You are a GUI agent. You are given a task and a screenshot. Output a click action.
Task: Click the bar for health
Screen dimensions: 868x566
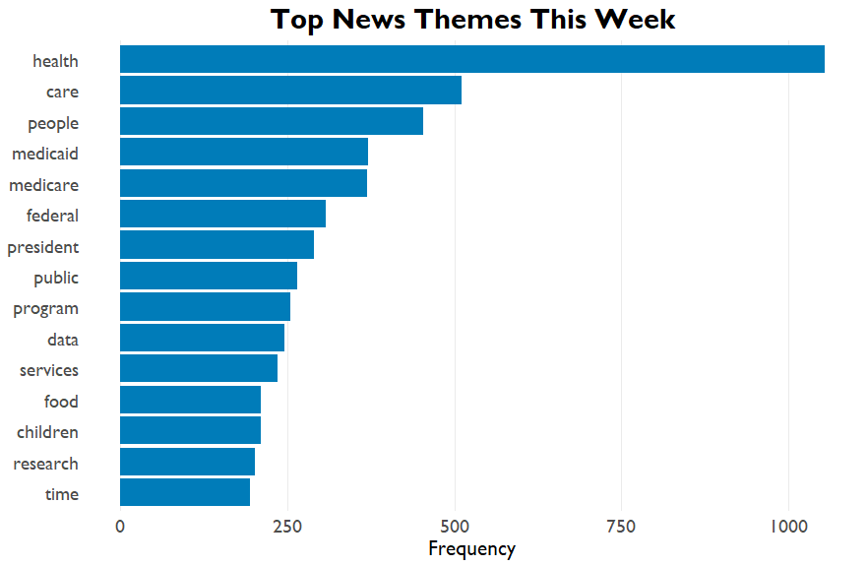coord(472,59)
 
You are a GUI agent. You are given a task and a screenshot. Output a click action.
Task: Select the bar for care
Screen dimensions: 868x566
coord(290,91)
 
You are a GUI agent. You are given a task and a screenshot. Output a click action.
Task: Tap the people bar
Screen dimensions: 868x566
coord(272,121)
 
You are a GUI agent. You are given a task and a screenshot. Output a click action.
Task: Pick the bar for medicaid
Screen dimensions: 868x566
coord(244,152)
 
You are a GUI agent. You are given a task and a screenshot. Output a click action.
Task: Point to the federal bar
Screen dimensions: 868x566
coord(223,214)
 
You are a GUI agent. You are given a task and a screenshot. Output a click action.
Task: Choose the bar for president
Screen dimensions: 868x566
coord(217,245)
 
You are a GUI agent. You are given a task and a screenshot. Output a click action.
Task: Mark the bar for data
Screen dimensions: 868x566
coord(202,338)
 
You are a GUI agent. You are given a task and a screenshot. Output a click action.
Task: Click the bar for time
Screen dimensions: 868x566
coord(185,492)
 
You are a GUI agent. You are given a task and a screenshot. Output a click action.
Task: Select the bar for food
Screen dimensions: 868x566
coord(191,400)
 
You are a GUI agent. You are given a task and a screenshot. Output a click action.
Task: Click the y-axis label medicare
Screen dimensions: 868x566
coord(43,185)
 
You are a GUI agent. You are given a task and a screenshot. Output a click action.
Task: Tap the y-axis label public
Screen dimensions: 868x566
coord(56,278)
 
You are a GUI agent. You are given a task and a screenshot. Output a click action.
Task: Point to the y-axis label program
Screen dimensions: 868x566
coord(46,309)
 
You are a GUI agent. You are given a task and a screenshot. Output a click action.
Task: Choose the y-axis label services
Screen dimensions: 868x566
coord(49,370)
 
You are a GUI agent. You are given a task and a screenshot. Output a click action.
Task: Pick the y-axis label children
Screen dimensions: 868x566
coord(47,432)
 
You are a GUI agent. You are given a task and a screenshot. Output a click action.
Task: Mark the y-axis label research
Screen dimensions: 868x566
coord(46,464)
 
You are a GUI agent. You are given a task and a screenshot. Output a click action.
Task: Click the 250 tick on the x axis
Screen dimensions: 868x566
coord(287,526)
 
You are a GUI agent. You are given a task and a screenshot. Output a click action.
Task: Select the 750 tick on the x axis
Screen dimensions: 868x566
coord(621,526)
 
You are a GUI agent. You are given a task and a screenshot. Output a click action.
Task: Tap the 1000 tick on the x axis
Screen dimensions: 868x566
coord(789,526)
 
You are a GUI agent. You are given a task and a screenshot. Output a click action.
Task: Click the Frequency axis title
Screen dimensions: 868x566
coord(472,549)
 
